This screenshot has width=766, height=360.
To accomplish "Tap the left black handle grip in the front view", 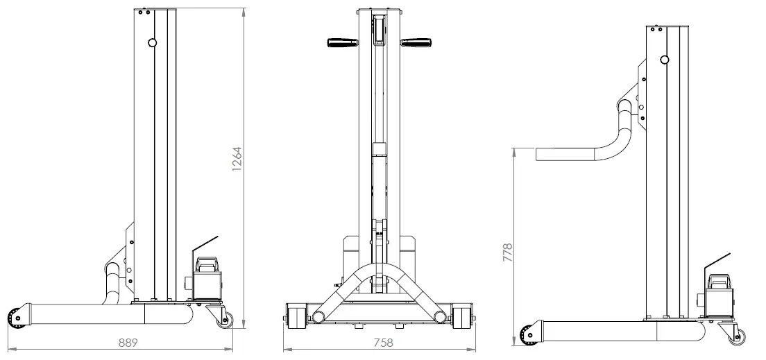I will click(x=341, y=43).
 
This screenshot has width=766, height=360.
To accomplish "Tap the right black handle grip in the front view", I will click(x=416, y=43).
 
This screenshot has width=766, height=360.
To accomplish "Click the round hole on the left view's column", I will click(x=152, y=43).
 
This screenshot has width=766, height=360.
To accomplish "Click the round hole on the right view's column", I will click(x=664, y=60).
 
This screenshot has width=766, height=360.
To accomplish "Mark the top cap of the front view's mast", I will click(x=379, y=11).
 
